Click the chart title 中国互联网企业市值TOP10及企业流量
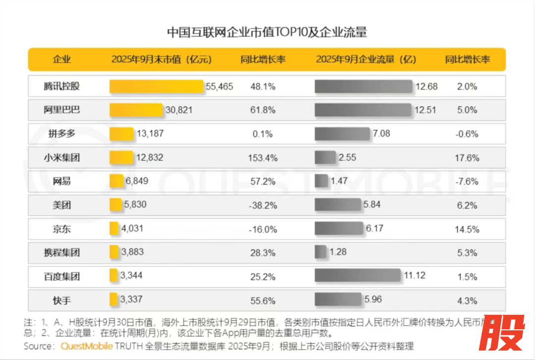267,33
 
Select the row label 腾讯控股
61,86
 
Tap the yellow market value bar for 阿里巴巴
136,110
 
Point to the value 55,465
219,87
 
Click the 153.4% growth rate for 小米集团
263,158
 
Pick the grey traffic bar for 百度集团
357,276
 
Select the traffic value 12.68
427,87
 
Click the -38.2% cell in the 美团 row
263,206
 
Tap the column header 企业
62,60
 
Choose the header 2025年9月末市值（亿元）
161,60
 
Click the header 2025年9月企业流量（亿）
366,60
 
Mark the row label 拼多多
61,134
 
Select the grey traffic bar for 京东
339,228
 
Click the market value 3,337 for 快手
132,300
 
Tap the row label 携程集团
61,253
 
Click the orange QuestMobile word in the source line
87,346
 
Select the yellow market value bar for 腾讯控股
157,86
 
